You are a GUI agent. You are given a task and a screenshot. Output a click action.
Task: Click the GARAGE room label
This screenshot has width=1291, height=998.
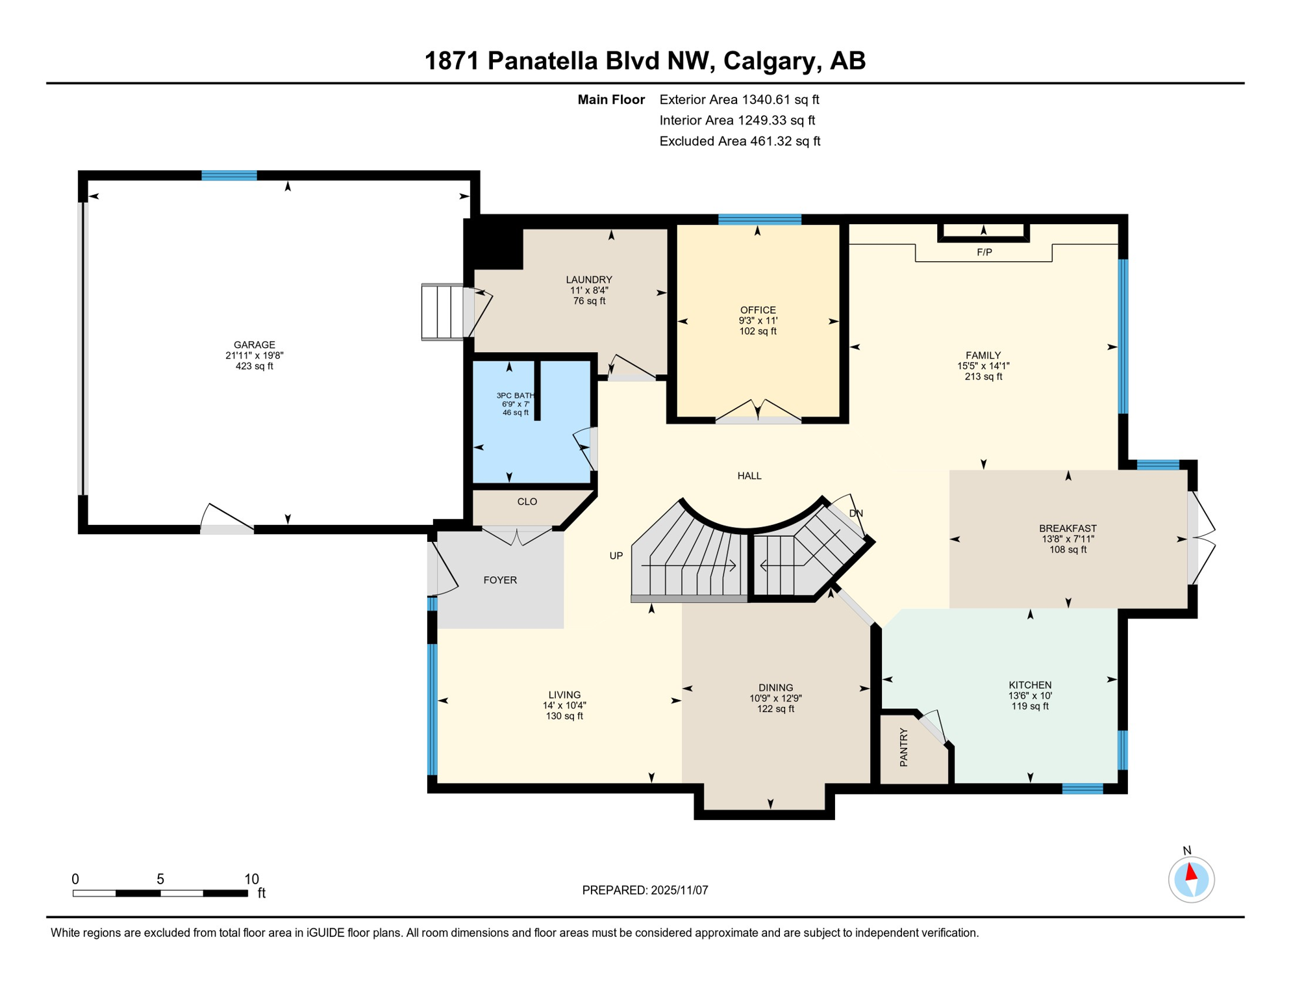254,345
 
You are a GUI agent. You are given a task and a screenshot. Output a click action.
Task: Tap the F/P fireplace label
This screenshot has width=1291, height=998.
984,252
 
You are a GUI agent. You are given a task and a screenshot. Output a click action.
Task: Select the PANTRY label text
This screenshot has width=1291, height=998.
904,747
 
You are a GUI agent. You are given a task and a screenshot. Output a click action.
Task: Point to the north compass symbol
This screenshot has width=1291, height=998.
1191,880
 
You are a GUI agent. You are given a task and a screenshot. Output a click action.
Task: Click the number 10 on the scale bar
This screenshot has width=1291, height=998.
251,879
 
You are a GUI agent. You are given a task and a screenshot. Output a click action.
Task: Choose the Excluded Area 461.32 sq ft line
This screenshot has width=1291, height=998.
739,141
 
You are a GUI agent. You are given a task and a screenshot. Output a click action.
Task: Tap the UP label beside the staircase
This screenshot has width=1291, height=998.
616,556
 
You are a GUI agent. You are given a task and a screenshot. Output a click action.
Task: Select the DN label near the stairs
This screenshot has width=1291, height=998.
856,513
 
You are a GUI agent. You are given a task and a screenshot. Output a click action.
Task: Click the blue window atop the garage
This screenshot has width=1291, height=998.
229,175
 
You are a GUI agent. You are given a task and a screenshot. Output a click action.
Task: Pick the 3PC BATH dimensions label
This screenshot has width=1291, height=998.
515,404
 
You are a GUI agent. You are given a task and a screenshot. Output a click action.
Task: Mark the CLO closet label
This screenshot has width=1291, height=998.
527,502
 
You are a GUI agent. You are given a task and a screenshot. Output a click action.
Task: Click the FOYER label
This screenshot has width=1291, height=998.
500,580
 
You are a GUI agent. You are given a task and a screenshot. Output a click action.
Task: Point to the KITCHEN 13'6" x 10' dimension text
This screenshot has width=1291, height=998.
1030,695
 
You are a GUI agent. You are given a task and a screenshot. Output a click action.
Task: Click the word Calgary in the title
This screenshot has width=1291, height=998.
768,61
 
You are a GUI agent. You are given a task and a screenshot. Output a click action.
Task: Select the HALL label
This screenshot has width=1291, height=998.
749,476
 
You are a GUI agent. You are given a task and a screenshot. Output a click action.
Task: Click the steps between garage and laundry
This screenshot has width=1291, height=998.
444,312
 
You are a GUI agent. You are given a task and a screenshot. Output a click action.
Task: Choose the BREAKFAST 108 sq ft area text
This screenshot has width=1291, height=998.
1068,550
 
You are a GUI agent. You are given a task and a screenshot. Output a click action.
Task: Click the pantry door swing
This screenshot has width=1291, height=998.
933,726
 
